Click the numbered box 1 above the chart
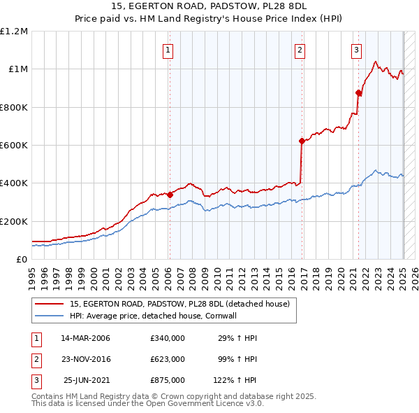[169, 50]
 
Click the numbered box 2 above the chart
[300, 50]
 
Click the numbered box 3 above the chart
[356, 50]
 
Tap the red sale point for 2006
[170, 195]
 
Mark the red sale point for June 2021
[359, 92]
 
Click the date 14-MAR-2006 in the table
[85, 338]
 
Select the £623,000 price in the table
[168, 359]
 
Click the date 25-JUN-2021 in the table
[87, 380]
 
